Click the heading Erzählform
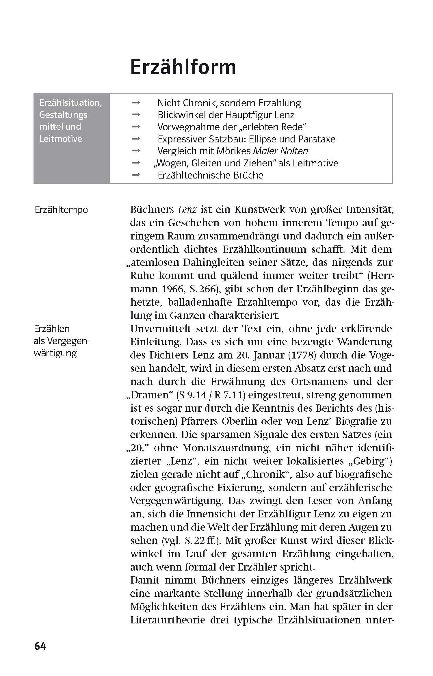[183, 67]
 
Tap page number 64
[40, 646]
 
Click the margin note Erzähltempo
[61, 210]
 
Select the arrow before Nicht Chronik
[136, 103]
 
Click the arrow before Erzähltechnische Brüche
[136, 175]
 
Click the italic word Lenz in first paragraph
[187, 209]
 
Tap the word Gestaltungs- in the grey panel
[65, 115]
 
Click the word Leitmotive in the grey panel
[61, 139]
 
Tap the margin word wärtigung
[55, 353]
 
